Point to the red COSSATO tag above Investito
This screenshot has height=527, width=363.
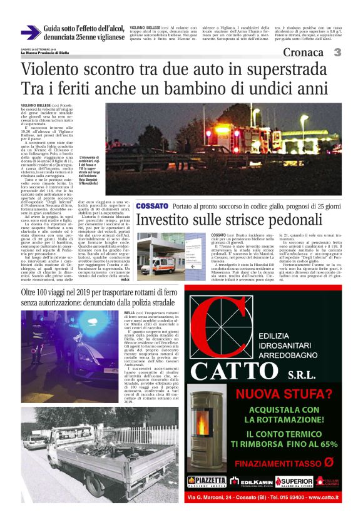point(152,206)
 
